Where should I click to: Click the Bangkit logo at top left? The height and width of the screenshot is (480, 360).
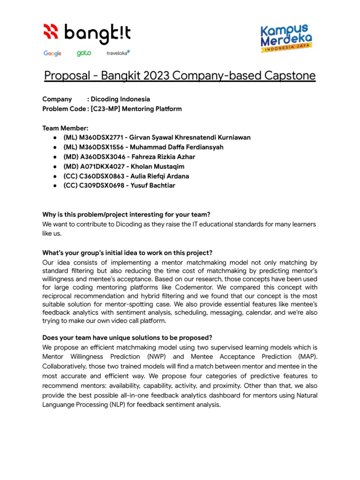[87, 33]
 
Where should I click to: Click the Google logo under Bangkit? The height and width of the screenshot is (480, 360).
[52, 53]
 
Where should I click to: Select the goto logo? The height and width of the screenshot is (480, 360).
[84, 53]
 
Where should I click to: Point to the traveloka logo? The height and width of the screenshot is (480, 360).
[118, 53]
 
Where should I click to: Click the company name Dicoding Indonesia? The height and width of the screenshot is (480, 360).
[120, 99]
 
